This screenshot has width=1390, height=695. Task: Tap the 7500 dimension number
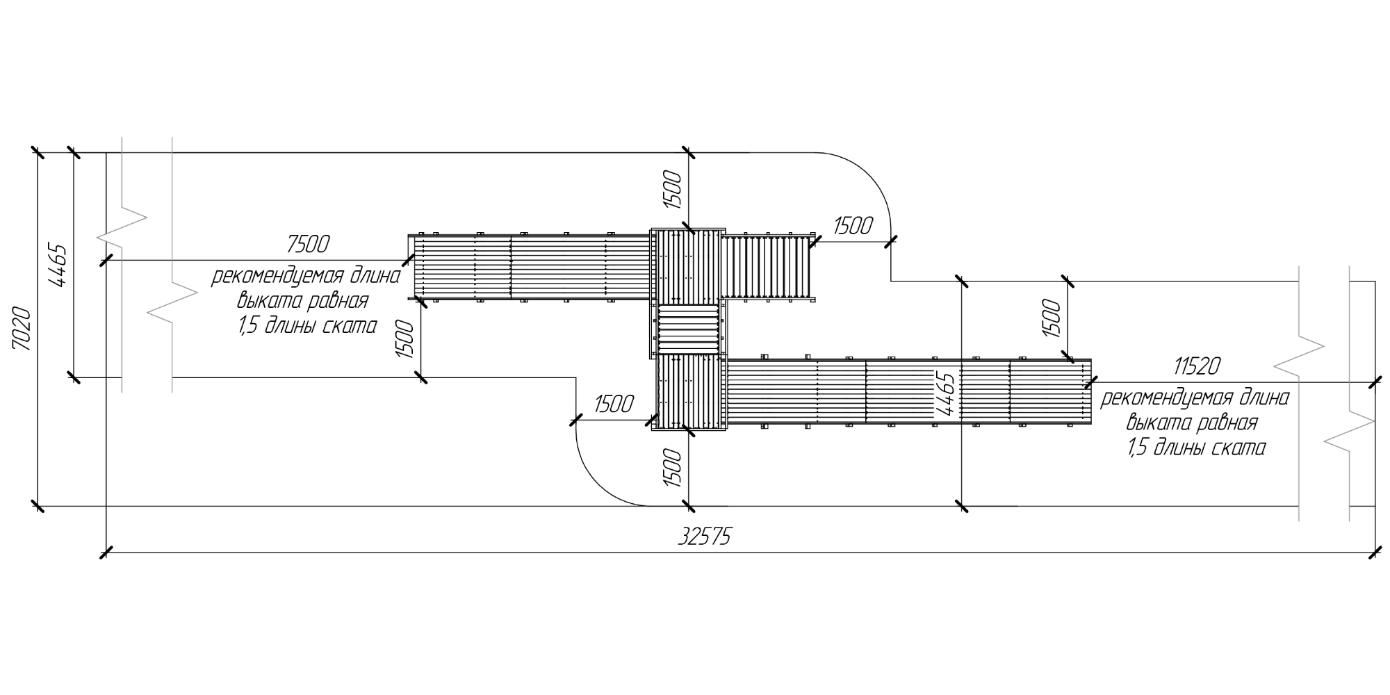tap(308, 244)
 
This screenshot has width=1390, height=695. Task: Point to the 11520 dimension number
tap(1196, 366)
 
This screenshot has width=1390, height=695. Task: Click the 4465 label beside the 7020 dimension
tap(58, 266)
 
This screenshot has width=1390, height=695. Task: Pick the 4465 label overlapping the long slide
tap(946, 394)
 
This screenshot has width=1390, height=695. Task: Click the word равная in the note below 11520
tap(1230, 423)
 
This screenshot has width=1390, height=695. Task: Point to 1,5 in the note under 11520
tap(1138, 448)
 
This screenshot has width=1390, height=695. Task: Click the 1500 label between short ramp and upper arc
tap(852, 226)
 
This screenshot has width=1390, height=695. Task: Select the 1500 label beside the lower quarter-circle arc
tap(614, 404)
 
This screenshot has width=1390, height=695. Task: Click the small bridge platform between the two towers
tap(688, 329)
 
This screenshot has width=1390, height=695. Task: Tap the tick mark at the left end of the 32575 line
tap(106, 553)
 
